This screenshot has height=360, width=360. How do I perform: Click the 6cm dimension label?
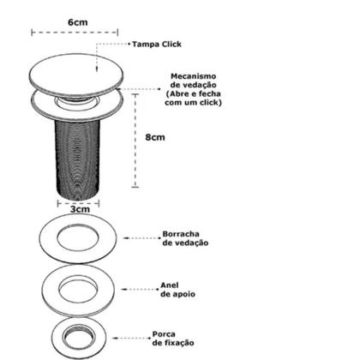[78, 22]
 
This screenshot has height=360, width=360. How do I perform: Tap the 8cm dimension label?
[155, 137]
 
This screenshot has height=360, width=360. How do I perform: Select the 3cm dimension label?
[80, 209]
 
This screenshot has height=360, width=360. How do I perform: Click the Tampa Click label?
[157, 45]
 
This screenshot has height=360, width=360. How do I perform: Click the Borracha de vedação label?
[185, 238]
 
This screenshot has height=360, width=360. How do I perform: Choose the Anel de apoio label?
[177, 290]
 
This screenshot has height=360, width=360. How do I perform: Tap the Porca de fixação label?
[173, 339]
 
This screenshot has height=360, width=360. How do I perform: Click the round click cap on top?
[76, 75]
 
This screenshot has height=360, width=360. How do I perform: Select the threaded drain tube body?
[78, 159]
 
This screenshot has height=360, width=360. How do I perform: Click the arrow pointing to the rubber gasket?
[142, 238]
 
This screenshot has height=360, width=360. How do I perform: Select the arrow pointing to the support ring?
[140, 289]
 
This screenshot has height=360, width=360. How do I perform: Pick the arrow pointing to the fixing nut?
[131, 338]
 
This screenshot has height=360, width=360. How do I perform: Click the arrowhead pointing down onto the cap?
[97, 69]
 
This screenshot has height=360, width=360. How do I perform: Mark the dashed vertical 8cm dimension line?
[135, 141]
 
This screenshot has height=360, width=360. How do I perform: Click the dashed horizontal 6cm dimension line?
[75, 33]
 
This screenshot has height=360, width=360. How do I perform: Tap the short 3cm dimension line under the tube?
[78, 203]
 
